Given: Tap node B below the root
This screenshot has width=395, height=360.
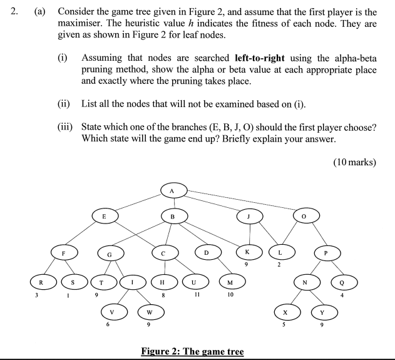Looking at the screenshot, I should [173, 216].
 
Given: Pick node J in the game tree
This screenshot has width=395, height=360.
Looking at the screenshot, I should [249, 216].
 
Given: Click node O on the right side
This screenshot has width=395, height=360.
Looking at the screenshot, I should [305, 216].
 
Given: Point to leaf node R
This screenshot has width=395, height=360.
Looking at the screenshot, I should [41, 281].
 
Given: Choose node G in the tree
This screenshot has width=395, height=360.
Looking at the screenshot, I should [110, 254].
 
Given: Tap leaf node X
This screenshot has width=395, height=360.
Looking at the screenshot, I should [285, 311].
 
